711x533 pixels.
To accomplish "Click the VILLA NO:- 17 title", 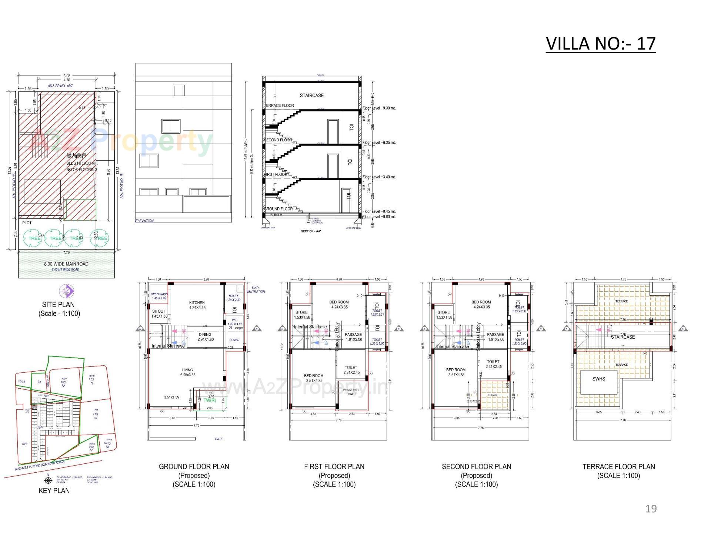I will click(600, 44).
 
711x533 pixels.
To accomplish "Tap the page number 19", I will click(651, 509).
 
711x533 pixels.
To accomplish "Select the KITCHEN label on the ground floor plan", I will click(197, 302).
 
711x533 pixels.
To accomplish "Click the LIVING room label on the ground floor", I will click(187, 370).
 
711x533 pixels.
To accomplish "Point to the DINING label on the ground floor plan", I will click(205, 335).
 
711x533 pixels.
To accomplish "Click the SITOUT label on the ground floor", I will click(158, 311).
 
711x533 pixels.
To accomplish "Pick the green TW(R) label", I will click(210, 400).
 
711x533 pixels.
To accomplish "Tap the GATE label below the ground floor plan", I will click(218, 439).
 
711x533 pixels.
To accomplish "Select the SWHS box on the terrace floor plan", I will click(598, 379).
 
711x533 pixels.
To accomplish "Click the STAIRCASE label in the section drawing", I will click(311, 95).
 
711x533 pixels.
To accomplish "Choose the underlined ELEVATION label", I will click(144, 221).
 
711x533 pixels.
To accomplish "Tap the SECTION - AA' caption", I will click(311, 231).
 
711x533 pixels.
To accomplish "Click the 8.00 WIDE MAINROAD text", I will click(66, 264).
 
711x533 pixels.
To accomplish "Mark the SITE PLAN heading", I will click(58, 305).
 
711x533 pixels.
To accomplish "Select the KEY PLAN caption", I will click(54, 490).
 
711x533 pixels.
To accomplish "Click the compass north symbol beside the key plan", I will click(48, 481).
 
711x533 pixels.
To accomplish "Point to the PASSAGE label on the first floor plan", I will click(353, 334).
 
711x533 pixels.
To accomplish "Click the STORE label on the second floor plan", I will click(443, 312).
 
